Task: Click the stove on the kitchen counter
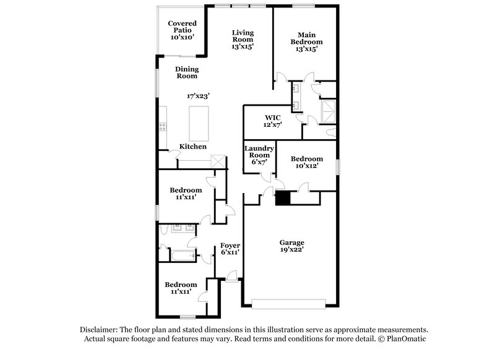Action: click(x=163, y=127)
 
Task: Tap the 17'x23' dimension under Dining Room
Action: click(x=199, y=96)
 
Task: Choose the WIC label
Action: click(x=273, y=117)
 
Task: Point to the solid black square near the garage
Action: click(x=283, y=198)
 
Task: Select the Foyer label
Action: click(x=230, y=245)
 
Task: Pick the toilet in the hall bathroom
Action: click(x=163, y=230)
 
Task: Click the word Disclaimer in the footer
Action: click(x=100, y=330)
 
